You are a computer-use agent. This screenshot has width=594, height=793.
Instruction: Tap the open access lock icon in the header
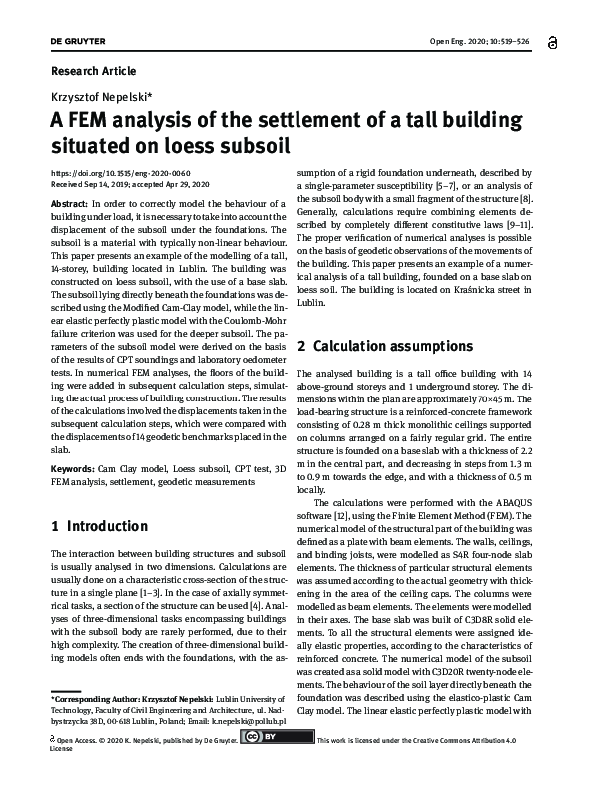tap(552, 41)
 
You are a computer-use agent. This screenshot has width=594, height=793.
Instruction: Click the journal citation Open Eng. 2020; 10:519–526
tap(479, 41)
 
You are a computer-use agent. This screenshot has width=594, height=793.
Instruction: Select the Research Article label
tap(93, 71)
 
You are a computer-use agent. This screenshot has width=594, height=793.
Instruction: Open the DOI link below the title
tap(106, 173)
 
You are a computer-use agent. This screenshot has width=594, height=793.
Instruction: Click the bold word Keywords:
tap(73, 468)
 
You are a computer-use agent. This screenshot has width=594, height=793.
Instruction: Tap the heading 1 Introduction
tap(99, 526)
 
